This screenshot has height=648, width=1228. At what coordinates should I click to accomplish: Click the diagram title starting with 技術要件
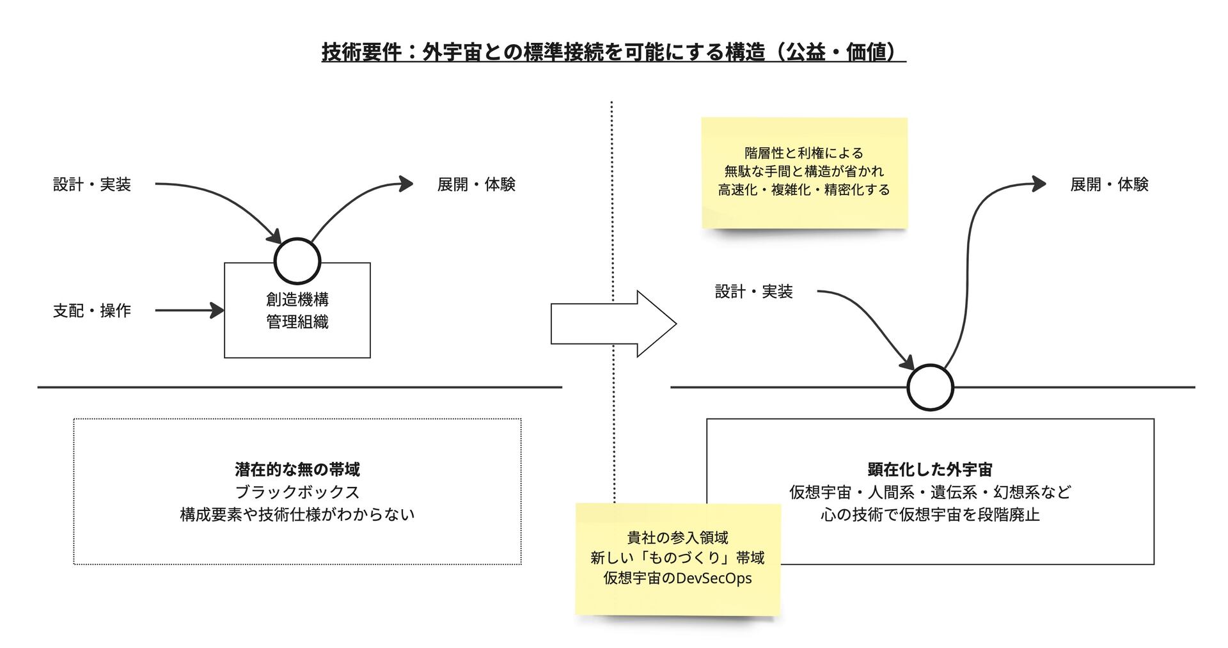pyautogui.click(x=613, y=52)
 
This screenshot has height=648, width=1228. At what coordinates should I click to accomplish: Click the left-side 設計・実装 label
pyautogui.click(x=92, y=185)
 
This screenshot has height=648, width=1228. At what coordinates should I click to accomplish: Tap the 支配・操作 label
pyautogui.click(x=92, y=311)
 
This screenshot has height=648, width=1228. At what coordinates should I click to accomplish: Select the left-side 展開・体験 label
pyautogui.click(x=476, y=185)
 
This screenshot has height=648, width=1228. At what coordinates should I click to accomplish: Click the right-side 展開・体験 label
pyautogui.click(x=1109, y=185)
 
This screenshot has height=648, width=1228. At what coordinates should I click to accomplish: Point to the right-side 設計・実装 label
pyautogui.click(x=753, y=292)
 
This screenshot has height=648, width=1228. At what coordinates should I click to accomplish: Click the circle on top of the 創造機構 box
pyautogui.click(x=297, y=261)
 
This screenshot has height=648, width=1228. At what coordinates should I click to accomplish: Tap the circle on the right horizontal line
pyautogui.click(x=930, y=388)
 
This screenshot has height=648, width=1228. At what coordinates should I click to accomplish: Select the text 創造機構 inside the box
pyautogui.click(x=297, y=299)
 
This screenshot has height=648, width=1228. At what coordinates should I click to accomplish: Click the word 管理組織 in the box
pyautogui.click(x=297, y=322)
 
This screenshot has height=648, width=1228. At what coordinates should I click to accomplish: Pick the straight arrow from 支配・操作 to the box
pyautogui.click(x=189, y=311)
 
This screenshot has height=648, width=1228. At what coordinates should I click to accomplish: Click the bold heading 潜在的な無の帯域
pyautogui.click(x=297, y=470)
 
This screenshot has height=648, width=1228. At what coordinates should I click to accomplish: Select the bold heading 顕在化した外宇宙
pyautogui.click(x=930, y=470)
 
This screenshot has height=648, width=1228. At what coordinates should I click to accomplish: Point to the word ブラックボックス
pyautogui.click(x=297, y=492)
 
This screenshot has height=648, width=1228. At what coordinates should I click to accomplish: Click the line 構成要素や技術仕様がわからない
pyautogui.click(x=297, y=514)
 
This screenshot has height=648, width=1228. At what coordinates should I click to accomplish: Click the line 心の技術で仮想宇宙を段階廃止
pyautogui.click(x=930, y=514)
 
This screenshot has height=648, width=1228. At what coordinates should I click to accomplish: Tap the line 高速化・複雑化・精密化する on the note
pyautogui.click(x=804, y=190)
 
